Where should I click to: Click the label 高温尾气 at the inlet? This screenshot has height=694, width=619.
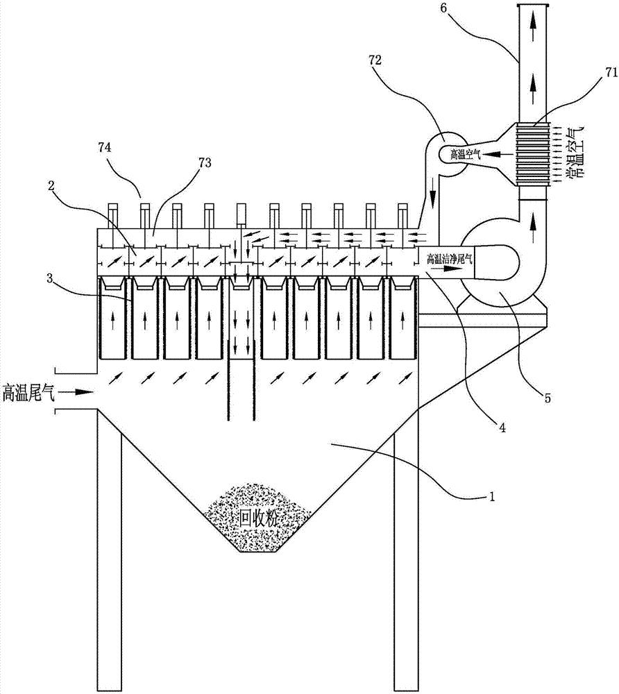30,393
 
